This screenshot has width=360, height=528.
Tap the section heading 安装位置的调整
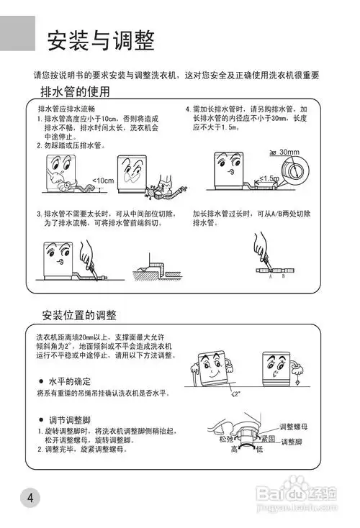79,315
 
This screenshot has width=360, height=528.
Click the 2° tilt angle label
237,394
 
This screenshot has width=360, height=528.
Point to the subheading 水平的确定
69,381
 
